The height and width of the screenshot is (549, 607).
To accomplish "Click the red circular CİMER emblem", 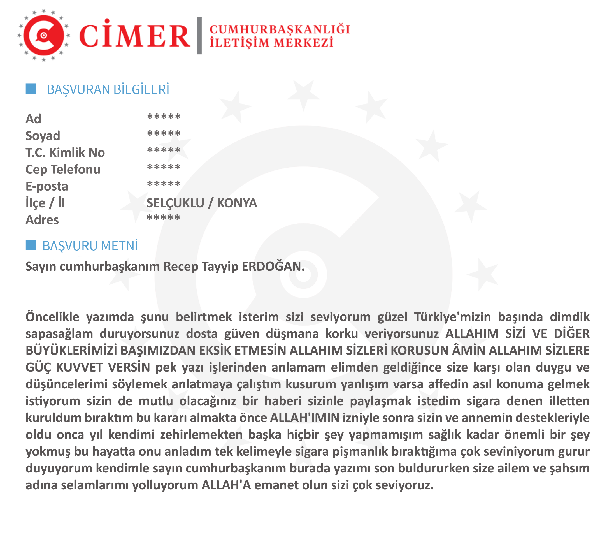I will pyautogui.click(x=44, y=36).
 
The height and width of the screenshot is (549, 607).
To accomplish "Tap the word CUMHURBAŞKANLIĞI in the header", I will pyautogui.click(x=280, y=29).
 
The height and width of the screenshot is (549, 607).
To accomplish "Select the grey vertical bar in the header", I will pyautogui.click(x=199, y=36).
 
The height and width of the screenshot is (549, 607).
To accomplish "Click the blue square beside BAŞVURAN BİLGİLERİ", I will pyautogui.click(x=31, y=89).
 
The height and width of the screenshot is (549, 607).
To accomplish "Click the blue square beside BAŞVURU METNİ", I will pyautogui.click(x=31, y=245).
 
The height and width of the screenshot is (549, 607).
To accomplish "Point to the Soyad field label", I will pyautogui.click(x=43, y=136).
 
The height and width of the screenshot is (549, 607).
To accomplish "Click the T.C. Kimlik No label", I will pyautogui.click(x=65, y=153).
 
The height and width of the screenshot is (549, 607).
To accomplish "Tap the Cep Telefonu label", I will pyautogui.click(x=63, y=170).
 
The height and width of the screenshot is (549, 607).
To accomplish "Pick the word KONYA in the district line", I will pyautogui.click(x=237, y=203).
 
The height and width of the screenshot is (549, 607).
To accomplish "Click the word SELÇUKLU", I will pyautogui.click(x=175, y=203).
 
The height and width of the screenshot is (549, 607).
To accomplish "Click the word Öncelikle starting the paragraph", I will pyautogui.click(x=52, y=317).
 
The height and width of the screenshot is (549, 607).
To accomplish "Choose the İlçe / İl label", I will pyautogui.click(x=45, y=203).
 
